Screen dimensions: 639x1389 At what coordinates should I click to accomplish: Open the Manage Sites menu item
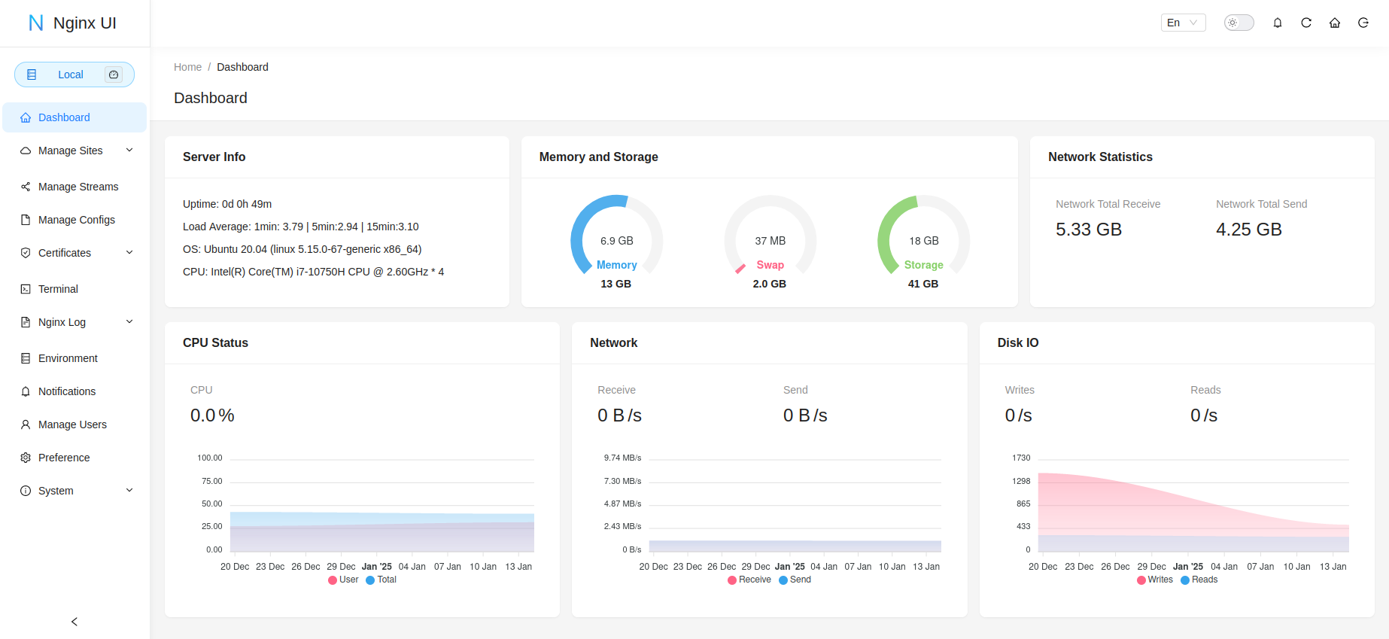(x=71, y=151)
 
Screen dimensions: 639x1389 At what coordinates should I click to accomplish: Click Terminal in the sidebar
(x=58, y=289)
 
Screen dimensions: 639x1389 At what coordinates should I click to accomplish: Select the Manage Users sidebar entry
(x=72, y=424)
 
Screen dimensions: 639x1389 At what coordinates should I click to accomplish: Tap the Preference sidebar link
(x=64, y=458)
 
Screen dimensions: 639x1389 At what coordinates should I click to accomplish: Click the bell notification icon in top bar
(x=1278, y=23)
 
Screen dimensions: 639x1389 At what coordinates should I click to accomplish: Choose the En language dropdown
(x=1183, y=23)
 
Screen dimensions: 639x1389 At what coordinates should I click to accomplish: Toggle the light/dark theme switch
(x=1239, y=23)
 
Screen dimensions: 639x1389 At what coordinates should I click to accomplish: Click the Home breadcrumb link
(x=187, y=67)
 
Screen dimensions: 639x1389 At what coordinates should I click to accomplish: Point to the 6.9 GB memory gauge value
(x=616, y=241)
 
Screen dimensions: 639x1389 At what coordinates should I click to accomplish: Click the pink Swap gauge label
(x=770, y=265)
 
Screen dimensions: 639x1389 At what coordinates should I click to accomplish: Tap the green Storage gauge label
(x=923, y=265)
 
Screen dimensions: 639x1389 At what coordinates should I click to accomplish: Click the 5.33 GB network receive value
(x=1088, y=230)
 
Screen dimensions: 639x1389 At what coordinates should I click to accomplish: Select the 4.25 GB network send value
(x=1248, y=230)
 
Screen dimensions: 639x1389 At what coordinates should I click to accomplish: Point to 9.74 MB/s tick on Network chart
(x=622, y=458)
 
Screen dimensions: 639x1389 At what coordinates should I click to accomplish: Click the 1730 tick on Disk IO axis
(x=1021, y=458)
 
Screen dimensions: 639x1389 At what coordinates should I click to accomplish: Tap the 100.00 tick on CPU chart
(x=210, y=458)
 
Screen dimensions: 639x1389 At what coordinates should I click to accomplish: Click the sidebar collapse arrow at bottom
(x=74, y=622)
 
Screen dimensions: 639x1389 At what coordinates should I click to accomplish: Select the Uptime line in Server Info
(x=227, y=204)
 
